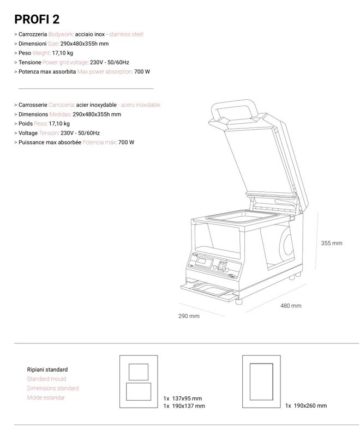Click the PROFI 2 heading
[37, 20]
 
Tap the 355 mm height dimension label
[332, 243]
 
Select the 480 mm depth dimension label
[291, 306]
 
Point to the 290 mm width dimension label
[189, 316]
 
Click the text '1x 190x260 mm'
[306, 405]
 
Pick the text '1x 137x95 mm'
[183, 398]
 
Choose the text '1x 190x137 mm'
[184, 406]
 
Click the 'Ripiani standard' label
[47, 370]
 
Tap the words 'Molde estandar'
[46, 398]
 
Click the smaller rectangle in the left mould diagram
[139, 372]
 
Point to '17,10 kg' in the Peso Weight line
[62, 53]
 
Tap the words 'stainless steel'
[127, 34]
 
